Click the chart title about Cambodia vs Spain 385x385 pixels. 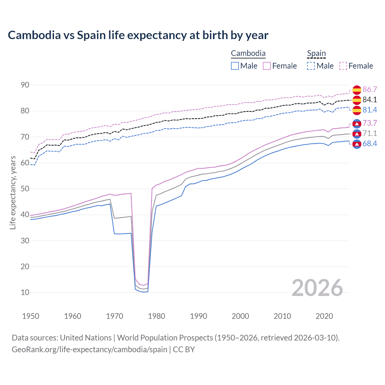pos(138,35)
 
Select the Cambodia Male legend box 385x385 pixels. pos(235,66)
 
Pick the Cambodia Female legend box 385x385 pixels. pos(267,66)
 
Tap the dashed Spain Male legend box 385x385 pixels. pos(311,66)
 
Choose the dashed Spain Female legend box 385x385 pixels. pos(343,66)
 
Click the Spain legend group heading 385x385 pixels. pos(316,54)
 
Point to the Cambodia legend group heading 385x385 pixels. pos(248,54)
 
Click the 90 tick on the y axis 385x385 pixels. pos(25,85)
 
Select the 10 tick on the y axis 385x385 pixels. pos(25,292)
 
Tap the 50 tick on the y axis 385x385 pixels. pos(25,189)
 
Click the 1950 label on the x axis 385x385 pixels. pos(31,316)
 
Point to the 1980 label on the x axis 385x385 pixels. pos(156,316)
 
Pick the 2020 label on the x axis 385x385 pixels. pos(324,316)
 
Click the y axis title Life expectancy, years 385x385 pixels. pos(13,192)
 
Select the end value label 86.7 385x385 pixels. pos(370,90)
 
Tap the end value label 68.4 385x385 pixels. pos(370,144)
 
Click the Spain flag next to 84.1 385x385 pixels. pos(357,100)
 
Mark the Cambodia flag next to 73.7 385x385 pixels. pos(357,123)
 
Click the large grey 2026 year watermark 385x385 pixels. pos(317,288)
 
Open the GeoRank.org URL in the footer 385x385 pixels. pos(90,350)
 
